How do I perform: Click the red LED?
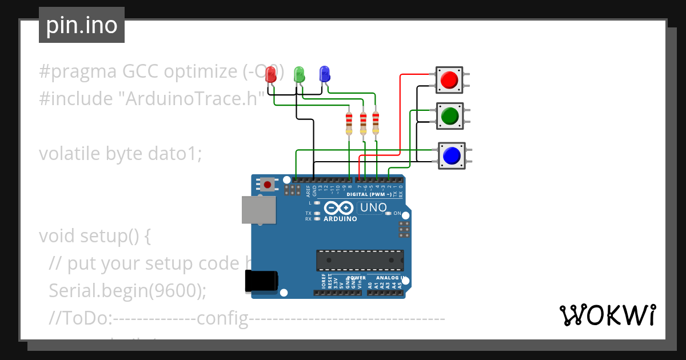click(x=272, y=74)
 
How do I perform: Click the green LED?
click(x=298, y=74)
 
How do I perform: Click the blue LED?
click(x=324, y=74)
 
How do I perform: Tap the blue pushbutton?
click(x=452, y=155)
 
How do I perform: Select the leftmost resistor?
click(x=349, y=124)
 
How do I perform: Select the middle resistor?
click(x=362, y=124)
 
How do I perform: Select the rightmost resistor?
click(x=376, y=124)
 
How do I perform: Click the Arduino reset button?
click(x=267, y=184)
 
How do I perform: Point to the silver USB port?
click(x=258, y=210)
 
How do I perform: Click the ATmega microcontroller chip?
click(x=360, y=260)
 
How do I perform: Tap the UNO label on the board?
click(x=373, y=208)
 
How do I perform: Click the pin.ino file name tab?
click(x=81, y=25)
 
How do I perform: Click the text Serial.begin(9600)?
click(x=127, y=290)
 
